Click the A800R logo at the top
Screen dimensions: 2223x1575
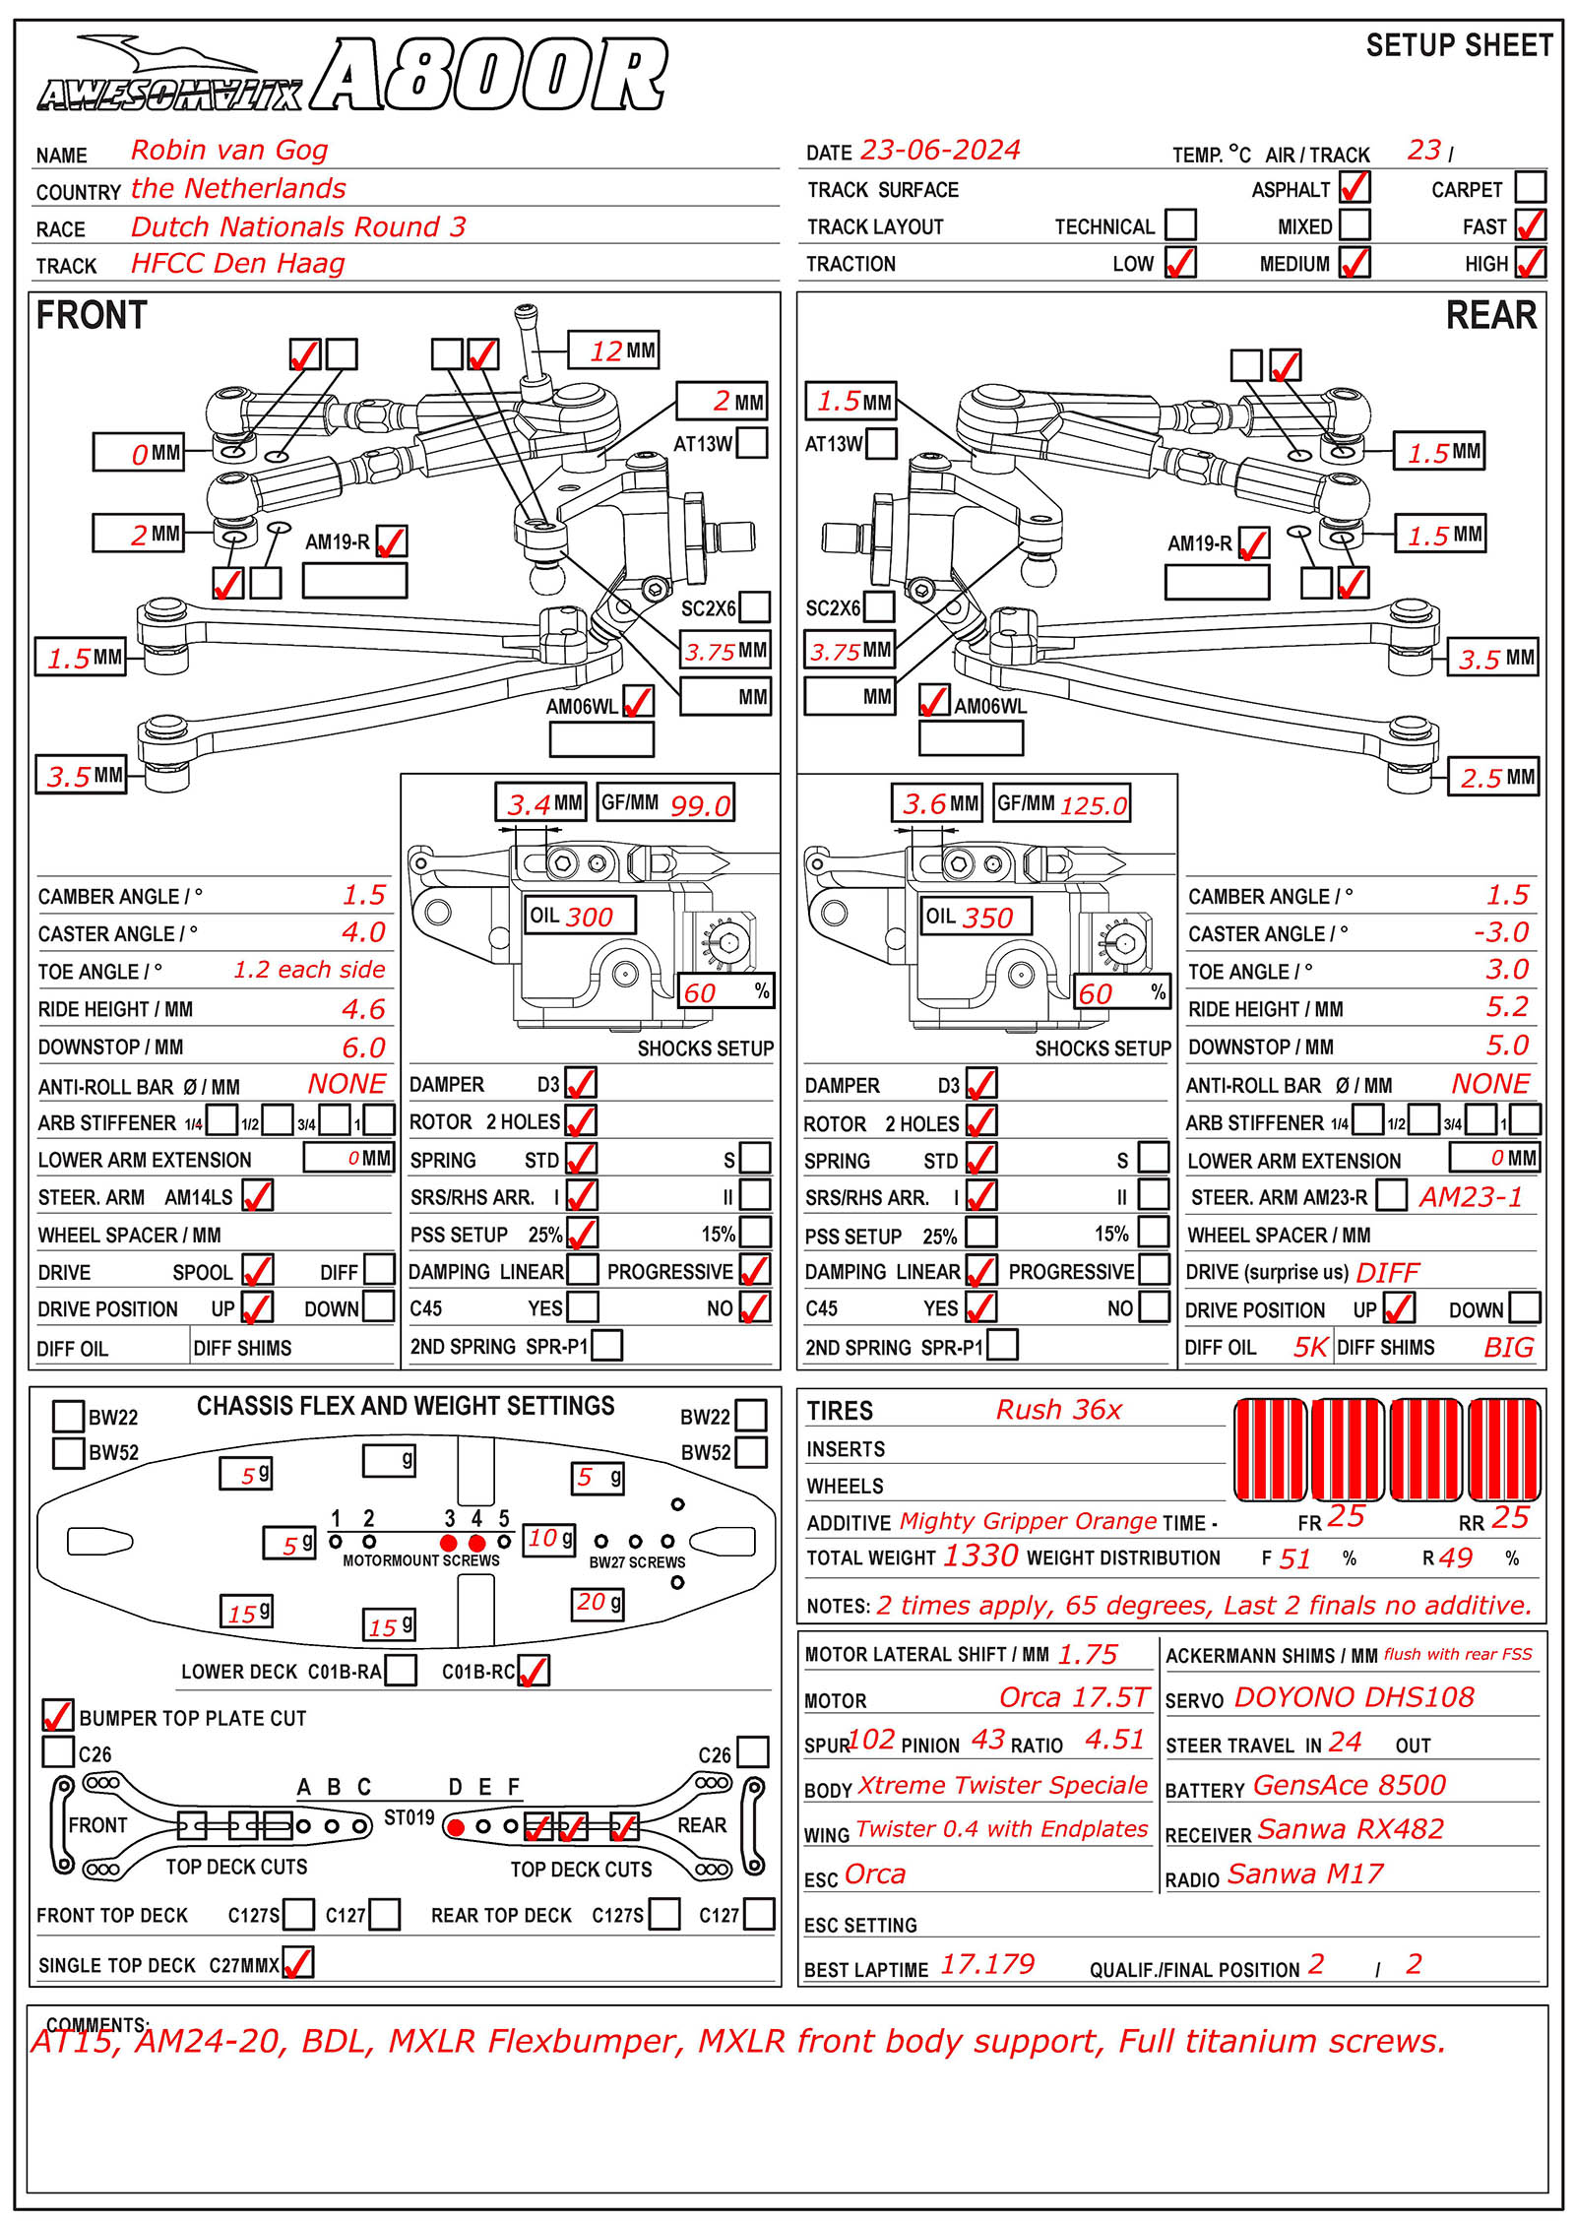pyautogui.click(x=489, y=76)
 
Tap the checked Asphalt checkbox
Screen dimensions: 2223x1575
pyautogui.click(x=1354, y=187)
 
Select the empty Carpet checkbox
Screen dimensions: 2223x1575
pyautogui.click(x=1530, y=187)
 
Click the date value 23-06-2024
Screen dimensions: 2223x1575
pyautogui.click(x=940, y=150)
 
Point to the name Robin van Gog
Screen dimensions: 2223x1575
pyautogui.click(x=229, y=150)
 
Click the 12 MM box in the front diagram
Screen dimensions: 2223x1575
pyautogui.click(x=613, y=350)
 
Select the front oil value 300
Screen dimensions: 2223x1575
pyautogui.click(x=590, y=917)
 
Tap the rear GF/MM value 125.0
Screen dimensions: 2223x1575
pyautogui.click(x=1093, y=805)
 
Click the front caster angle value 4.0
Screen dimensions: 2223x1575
pyautogui.click(x=363, y=932)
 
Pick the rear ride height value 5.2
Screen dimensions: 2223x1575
pyautogui.click(x=1507, y=1007)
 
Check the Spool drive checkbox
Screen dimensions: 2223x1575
pyautogui.click(x=258, y=1271)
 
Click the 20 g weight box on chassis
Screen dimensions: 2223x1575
pyautogui.click(x=598, y=1604)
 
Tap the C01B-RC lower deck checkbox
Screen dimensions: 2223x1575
pyautogui.click(x=534, y=1671)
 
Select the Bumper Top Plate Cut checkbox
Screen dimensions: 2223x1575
pyautogui.click(x=58, y=1715)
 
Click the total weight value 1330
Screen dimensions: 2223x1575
pyautogui.click(x=980, y=1556)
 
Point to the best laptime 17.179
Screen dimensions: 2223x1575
pyautogui.click(x=987, y=1964)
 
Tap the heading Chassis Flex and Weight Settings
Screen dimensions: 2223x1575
pyautogui.click(x=406, y=1406)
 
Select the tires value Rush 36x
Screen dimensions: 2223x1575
pyautogui.click(x=1058, y=1410)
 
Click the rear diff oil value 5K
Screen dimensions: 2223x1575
pyautogui.click(x=1310, y=1347)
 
